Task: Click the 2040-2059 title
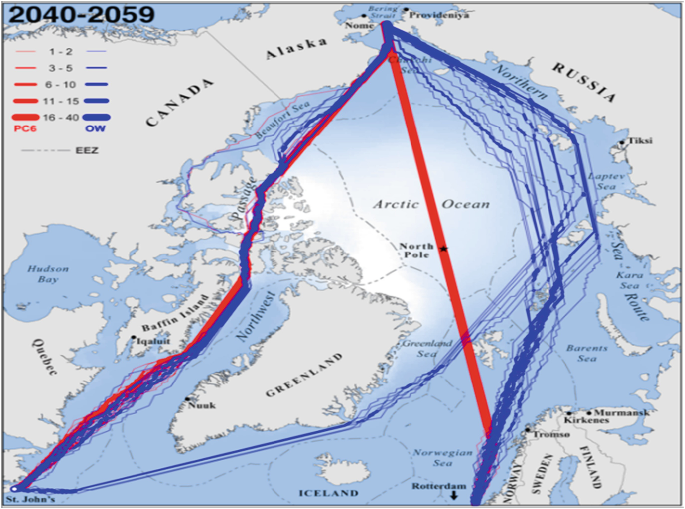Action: click(x=82, y=14)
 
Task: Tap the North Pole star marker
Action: click(x=443, y=249)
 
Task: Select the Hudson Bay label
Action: click(x=48, y=274)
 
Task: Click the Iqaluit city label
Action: click(x=153, y=341)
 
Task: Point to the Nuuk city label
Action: click(x=202, y=405)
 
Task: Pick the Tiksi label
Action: click(x=640, y=141)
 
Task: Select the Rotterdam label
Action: click(x=438, y=486)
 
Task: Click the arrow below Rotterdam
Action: click(x=454, y=495)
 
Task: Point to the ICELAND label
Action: click(x=328, y=493)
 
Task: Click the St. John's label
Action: click(x=31, y=499)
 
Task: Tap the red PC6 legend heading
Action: click(x=25, y=128)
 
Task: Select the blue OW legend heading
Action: click(x=95, y=128)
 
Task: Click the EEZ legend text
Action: click(x=87, y=150)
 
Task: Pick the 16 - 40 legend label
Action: click(x=61, y=118)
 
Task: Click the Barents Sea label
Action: click(x=586, y=353)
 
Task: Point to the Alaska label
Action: click(x=296, y=48)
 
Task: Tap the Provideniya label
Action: click(x=439, y=15)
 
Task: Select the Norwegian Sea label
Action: click(x=442, y=458)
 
